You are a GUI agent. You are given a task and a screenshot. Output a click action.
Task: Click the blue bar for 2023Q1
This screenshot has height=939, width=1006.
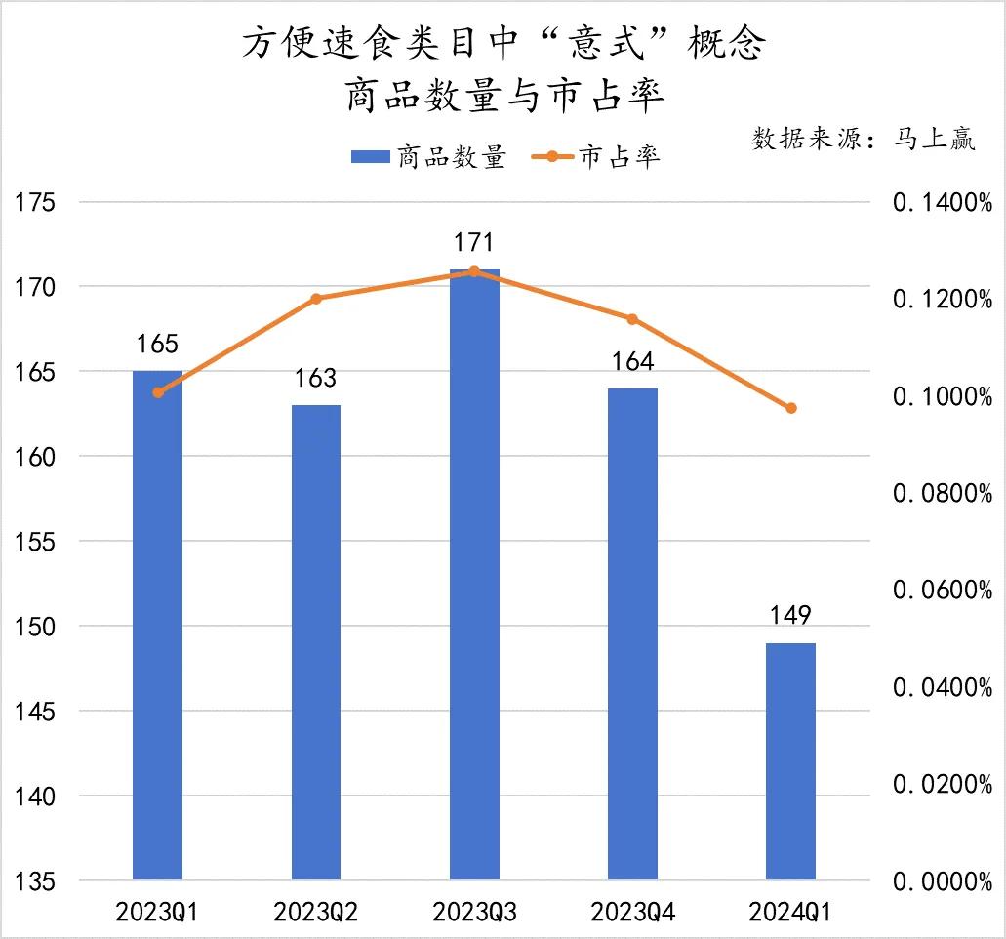[158, 625]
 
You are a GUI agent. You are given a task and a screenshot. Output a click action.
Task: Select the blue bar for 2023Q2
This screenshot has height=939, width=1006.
[316, 641]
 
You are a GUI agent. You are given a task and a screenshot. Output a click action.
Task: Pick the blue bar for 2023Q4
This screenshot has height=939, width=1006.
[632, 633]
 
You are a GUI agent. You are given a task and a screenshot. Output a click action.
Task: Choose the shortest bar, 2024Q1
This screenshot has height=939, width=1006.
[790, 761]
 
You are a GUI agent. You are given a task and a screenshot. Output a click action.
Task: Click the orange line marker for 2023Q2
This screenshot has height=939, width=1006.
[316, 299]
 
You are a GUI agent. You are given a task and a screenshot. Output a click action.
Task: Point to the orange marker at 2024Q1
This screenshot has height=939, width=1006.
[791, 408]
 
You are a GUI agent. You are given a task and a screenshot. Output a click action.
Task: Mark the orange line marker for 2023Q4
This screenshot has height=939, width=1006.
[632, 319]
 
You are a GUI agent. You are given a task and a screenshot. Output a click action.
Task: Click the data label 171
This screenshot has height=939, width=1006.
[474, 242]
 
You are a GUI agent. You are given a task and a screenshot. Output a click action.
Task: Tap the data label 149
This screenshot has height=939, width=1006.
[790, 616]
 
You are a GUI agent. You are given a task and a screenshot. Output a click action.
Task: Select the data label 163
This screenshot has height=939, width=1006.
[316, 378]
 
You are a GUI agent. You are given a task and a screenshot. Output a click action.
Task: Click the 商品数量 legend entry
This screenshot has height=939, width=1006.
[428, 157]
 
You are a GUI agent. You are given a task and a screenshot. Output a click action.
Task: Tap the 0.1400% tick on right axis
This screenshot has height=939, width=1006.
[943, 203]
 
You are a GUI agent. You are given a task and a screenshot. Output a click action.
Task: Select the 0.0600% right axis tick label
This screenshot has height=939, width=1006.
[943, 591]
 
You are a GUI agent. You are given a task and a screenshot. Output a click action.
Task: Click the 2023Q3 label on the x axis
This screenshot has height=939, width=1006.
[474, 913]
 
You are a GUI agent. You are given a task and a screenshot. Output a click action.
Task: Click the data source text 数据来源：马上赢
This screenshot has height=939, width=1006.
[863, 139]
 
